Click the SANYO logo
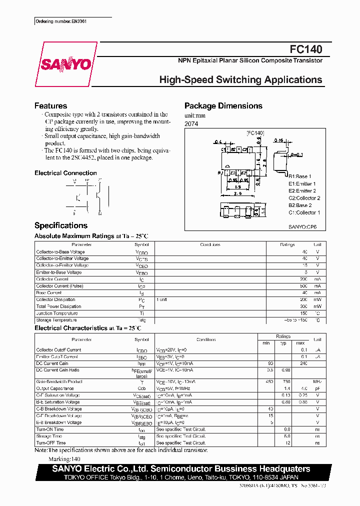tap(66, 64)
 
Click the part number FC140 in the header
tap(306, 49)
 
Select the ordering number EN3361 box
tap(65, 22)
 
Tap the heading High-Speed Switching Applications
tap(240, 80)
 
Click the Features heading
tap(50, 106)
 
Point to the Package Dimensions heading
tap(223, 106)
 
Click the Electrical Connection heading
tap(65, 173)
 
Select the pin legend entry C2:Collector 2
tap(304, 198)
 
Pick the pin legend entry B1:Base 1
tap(300, 176)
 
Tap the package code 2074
tap(191, 123)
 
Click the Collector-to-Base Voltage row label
tap(60, 252)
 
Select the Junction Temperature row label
tap(57, 313)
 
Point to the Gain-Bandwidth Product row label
tap(58, 381)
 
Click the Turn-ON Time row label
tap(50, 429)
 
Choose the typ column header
tap(283, 343)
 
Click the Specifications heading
tap(61, 225)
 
